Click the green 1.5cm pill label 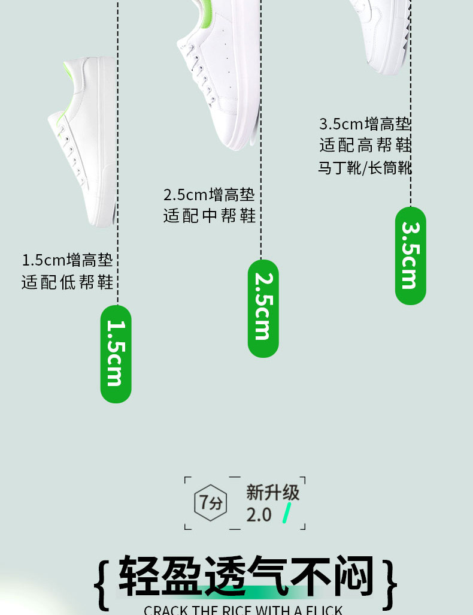point(116,354)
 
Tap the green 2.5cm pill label point(263,308)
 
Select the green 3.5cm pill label point(410,255)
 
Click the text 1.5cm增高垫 point(67,260)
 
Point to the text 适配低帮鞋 point(67,282)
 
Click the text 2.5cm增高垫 point(209,195)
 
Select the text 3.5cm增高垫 point(365,124)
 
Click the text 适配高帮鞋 point(365,145)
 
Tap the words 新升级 point(272,492)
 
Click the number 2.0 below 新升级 point(259,514)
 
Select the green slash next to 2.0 point(287,513)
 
